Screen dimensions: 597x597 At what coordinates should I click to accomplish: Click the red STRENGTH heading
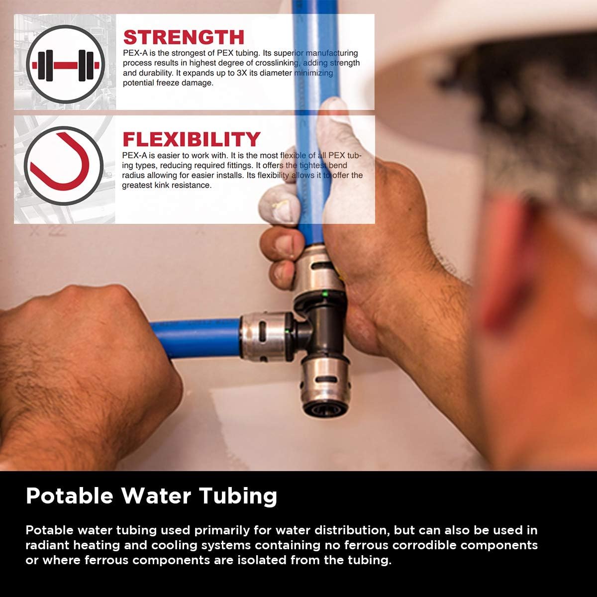coord(184,37)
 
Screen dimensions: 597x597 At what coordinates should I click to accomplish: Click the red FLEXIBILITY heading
coord(192,139)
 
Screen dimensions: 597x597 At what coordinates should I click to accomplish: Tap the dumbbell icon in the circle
coord(65,65)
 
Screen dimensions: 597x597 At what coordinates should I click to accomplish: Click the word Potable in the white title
coord(70,496)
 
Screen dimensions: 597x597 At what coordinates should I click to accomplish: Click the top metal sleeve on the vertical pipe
coord(318,271)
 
